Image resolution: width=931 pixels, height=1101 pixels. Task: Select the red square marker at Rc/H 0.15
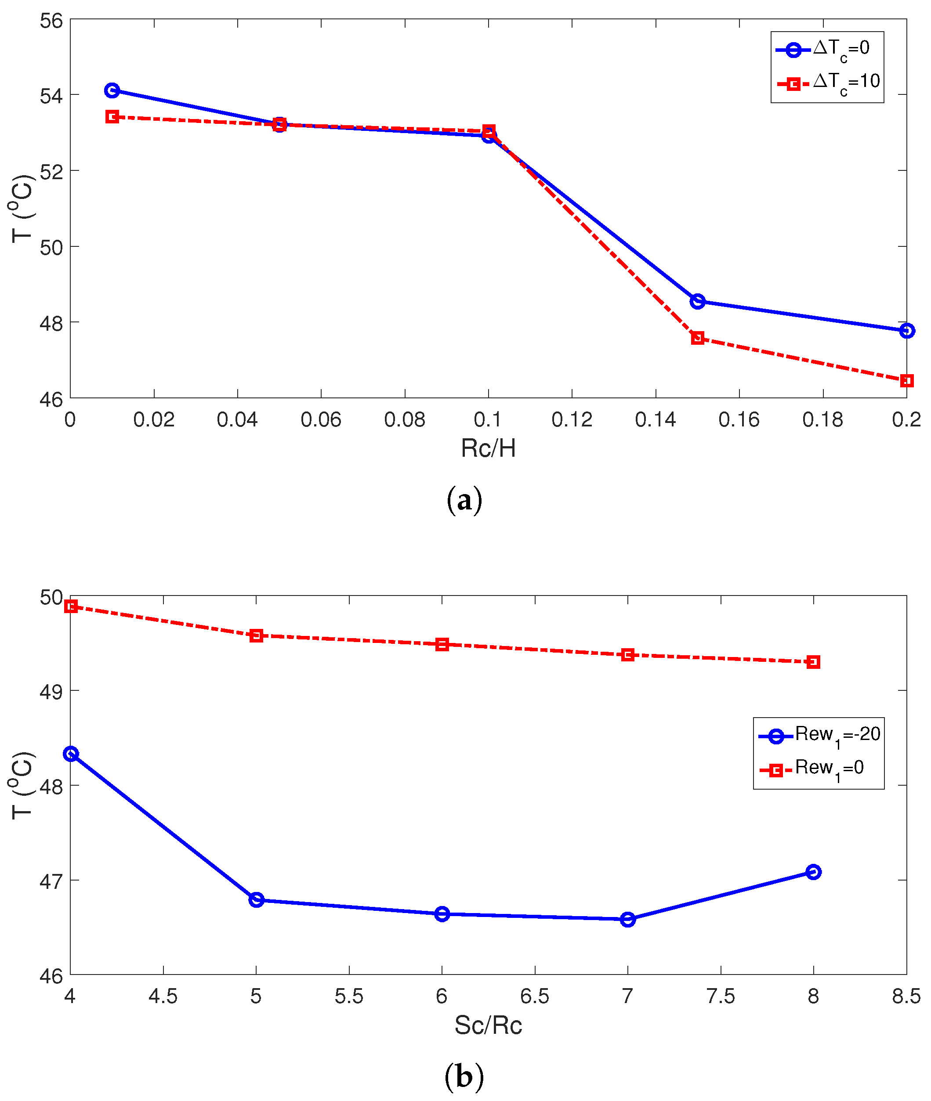(697, 338)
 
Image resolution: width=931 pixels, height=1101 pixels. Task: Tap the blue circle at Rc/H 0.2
(906, 331)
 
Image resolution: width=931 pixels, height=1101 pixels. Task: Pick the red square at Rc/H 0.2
(906, 381)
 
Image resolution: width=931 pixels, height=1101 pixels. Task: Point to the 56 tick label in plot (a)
(51, 21)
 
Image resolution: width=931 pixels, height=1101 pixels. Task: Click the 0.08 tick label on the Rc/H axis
(404, 420)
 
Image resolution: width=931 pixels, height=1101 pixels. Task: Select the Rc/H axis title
(488, 448)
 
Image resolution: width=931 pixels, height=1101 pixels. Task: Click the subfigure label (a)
(464, 500)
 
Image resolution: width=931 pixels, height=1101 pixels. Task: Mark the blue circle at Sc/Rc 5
(256, 900)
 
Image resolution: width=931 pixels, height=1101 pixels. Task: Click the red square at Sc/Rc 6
(442, 645)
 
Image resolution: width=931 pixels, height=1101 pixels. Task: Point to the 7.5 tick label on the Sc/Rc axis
(721, 996)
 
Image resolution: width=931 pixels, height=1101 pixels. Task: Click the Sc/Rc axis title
(488, 1025)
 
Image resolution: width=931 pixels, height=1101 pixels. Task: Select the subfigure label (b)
(464, 1076)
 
